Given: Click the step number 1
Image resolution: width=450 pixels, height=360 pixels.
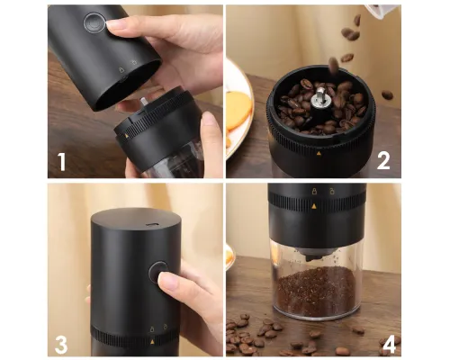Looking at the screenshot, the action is click(x=61, y=162).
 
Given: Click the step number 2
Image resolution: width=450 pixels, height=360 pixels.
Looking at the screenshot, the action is click(x=383, y=160).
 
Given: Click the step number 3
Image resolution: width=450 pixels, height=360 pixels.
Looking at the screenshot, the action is click(x=61, y=345).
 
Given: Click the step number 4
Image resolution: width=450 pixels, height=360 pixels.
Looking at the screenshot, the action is click(x=389, y=345).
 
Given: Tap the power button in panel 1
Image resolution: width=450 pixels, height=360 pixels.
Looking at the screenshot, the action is click(x=94, y=22).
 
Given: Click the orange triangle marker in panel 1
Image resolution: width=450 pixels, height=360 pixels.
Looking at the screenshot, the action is click(x=127, y=136).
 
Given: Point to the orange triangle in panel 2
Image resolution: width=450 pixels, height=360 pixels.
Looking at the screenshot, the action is click(x=319, y=154).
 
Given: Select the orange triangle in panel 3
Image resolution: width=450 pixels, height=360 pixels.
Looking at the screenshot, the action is click(x=152, y=341).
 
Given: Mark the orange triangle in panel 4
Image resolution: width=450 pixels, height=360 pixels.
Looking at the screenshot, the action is click(x=314, y=206).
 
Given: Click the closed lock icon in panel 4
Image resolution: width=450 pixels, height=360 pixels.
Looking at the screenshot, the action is click(x=314, y=191).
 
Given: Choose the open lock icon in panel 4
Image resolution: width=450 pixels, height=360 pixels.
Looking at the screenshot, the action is click(x=332, y=191).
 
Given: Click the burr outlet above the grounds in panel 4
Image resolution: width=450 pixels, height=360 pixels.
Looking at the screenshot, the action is click(x=314, y=256).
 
